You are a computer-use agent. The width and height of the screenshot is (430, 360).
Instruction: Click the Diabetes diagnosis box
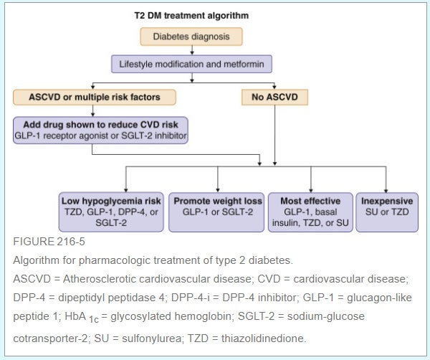(192, 36)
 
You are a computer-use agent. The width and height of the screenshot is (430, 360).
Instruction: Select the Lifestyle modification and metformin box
(192, 64)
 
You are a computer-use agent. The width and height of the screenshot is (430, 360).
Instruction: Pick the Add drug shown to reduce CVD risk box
(100, 130)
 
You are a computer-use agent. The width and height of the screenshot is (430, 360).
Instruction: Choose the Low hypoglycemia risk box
(112, 211)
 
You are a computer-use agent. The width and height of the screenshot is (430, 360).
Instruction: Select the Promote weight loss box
(216, 211)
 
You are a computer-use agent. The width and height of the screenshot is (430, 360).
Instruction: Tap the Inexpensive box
(388, 211)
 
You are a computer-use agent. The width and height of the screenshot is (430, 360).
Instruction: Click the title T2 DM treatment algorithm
(191, 14)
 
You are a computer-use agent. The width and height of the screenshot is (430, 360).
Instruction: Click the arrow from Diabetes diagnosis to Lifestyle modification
(192, 49)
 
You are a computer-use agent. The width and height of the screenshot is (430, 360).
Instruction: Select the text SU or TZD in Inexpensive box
(388, 212)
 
